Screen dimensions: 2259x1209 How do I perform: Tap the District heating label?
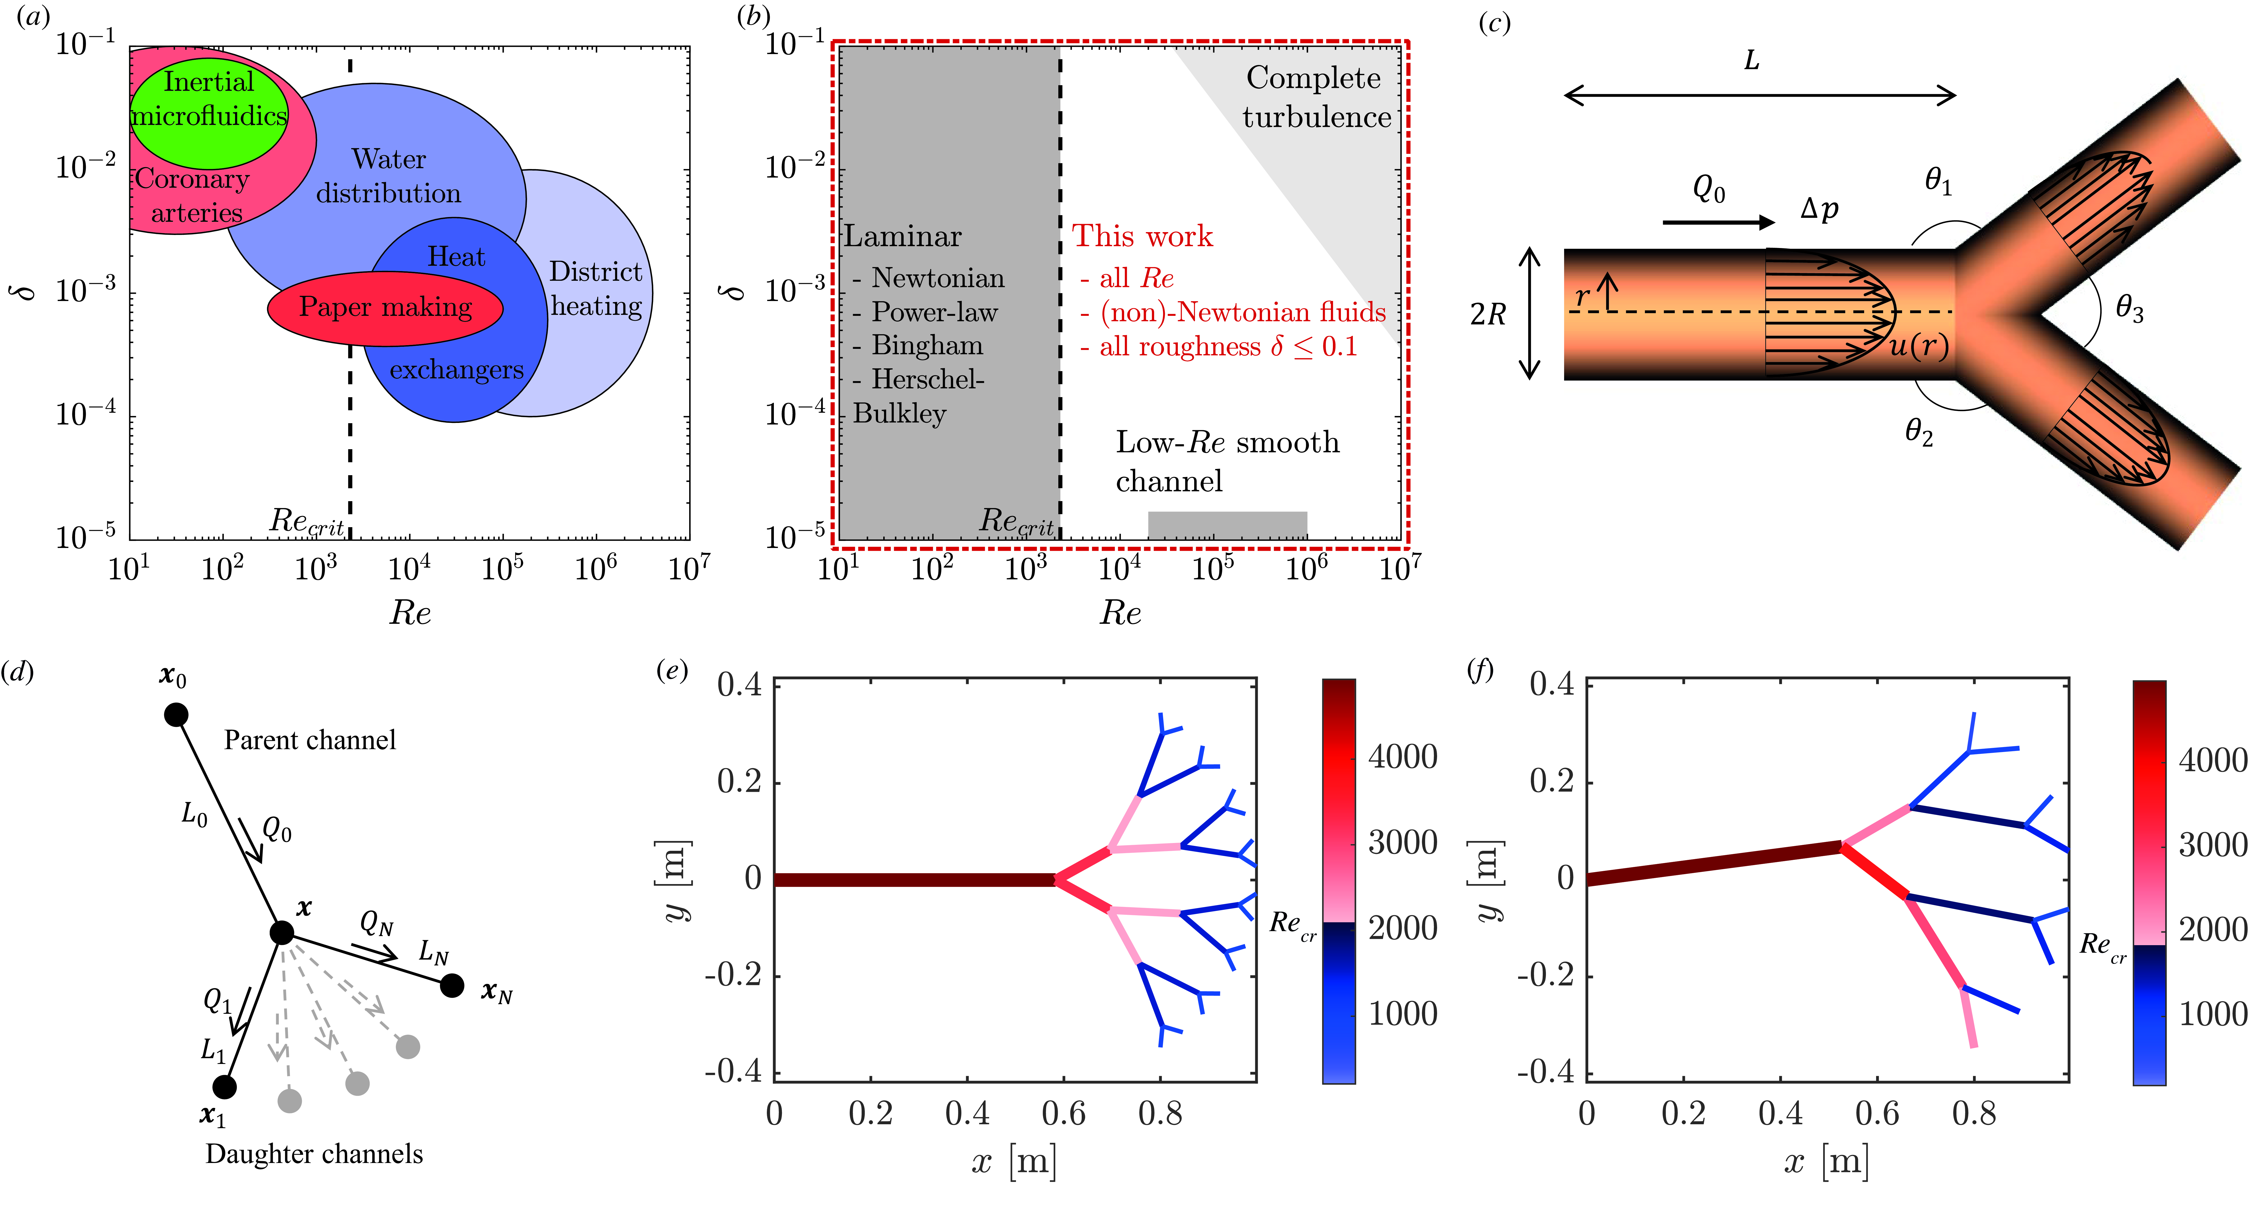point(596,289)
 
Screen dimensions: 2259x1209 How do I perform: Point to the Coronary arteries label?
point(193,196)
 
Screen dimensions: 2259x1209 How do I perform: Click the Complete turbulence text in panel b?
point(1315,97)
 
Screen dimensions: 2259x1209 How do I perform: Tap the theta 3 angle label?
point(2129,309)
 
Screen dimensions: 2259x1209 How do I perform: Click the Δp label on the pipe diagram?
point(1819,209)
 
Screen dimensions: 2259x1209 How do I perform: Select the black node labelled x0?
point(176,715)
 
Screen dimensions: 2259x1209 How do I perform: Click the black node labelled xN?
point(452,986)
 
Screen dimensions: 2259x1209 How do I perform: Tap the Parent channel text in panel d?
point(310,741)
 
